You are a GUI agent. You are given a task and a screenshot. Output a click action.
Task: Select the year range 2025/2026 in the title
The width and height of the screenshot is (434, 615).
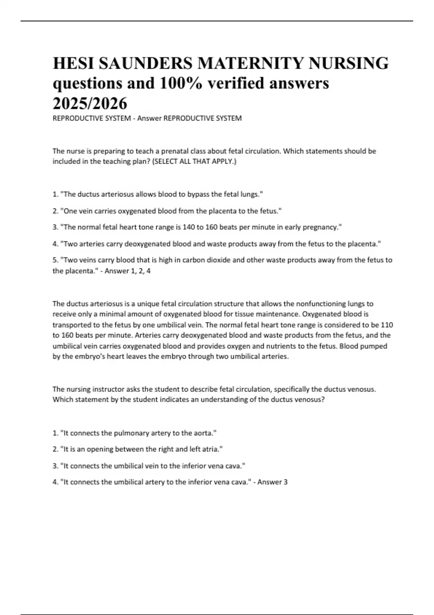[x=90, y=103]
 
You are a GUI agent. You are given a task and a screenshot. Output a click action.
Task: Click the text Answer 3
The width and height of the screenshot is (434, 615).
[x=272, y=482]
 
